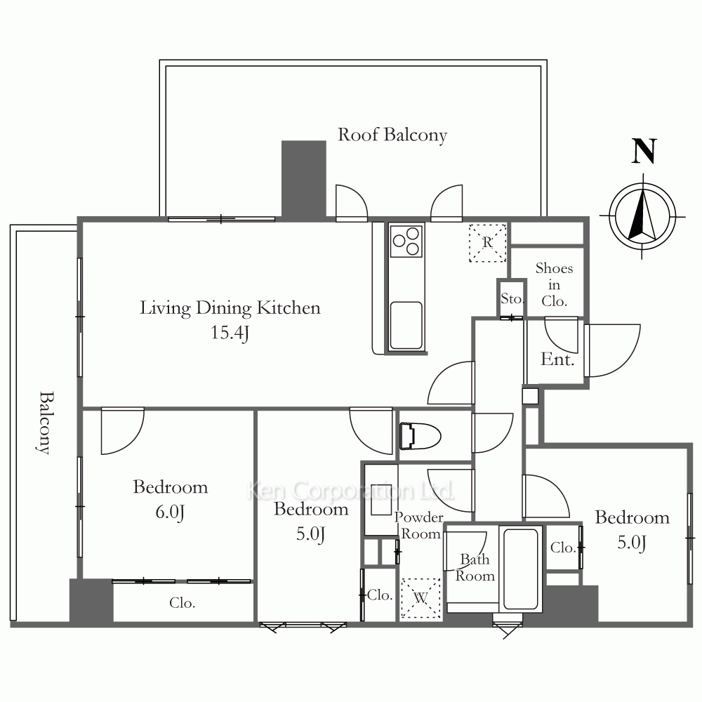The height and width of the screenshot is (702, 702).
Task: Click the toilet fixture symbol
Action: pos(420,436)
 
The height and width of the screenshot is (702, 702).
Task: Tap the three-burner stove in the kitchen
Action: pos(406,241)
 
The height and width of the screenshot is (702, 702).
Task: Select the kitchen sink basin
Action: pos(406,325)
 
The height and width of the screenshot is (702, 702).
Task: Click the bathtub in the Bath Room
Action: pos(521,569)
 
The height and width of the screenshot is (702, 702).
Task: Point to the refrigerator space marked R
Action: pos(487,243)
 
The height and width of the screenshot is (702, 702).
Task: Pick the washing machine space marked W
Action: pos(420,598)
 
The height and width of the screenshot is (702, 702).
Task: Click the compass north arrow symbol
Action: pos(643,216)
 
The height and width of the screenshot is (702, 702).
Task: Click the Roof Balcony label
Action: pos(392,135)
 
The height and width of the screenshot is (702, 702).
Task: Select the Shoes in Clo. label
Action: pos(555,285)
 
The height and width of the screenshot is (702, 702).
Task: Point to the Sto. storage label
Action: pos(512,298)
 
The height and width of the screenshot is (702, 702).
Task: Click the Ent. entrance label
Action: pos(557,359)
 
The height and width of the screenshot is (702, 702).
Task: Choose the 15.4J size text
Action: pos(230,333)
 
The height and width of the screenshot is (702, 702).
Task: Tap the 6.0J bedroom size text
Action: pos(170,512)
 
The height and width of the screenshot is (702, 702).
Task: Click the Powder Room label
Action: pos(419,526)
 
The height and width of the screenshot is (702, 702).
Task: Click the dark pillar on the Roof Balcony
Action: pos(303,178)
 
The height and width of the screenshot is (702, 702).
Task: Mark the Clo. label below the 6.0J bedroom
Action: pos(183,603)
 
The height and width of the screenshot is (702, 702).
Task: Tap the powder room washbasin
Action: pos(381,499)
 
